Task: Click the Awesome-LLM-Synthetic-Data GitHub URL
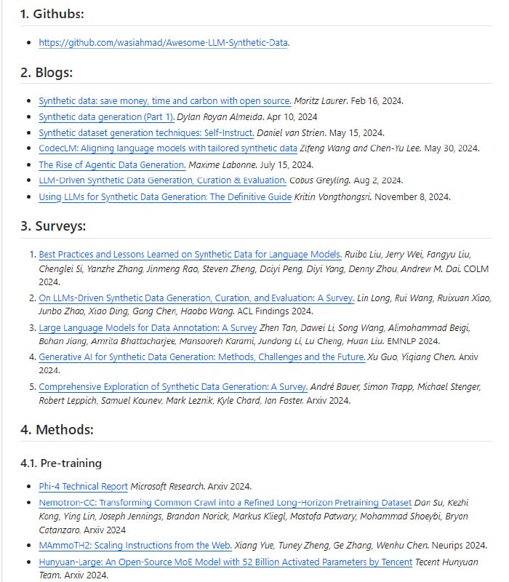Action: pyautogui.click(x=164, y=42)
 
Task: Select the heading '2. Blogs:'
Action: pyautogui.click(x=47, y=73)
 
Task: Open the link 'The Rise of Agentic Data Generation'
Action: pyautogui.click(x=112, y=164)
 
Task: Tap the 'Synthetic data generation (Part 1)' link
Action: pyautogui.click(x=106, y=116)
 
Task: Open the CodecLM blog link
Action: pyautogui.click(x=168, y=148)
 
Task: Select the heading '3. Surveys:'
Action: pyautogui.click(x=53, y=226)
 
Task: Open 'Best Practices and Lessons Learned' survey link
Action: pyautogui.click(x=190, y=255)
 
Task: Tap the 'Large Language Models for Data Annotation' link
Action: pyautogui.click(x=148, y=327)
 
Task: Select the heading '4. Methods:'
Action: pyautogui.click(x=57, y=429)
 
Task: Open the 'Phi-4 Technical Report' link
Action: pyautogui.click(x=83, y=486)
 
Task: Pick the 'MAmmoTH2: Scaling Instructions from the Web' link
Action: pyautogui.click(x=135, y=545)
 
